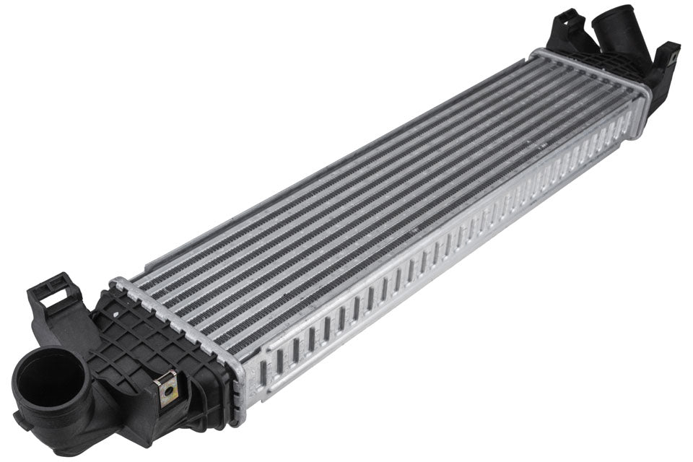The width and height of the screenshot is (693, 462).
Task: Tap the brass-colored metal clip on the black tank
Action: point(167,388)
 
